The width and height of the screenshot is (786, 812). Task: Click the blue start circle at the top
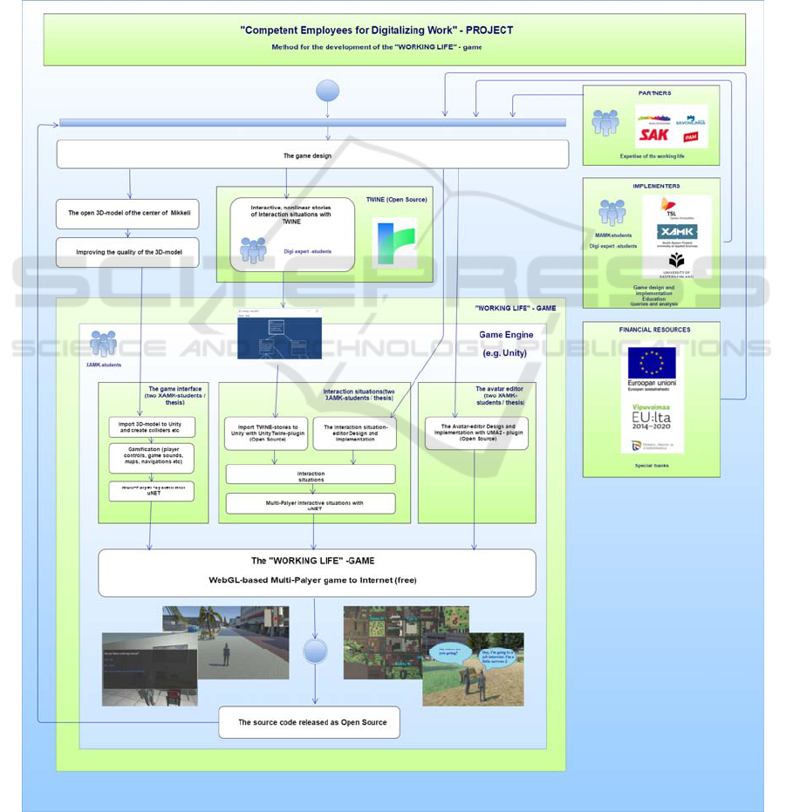click(x=327, y=91)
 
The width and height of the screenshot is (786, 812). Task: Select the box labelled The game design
click(x=312, y=155)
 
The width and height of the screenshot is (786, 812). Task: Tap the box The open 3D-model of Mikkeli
click(x=128, y=213)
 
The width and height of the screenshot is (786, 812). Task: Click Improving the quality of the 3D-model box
click(x=128, y=252)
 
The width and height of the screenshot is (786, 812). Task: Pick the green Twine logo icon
click(x=394, y=242)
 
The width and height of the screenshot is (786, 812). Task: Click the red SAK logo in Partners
click(x=654, y=134)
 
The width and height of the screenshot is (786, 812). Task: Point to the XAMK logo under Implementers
click(x=677, y=232)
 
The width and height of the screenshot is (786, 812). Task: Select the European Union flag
click(x=652, y=362)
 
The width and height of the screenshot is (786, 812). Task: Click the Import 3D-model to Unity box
click(x=150, y=427)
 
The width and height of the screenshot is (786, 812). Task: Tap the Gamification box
click(x=150, y=458)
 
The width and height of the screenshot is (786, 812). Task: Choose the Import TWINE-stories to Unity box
click(x=266, y=433)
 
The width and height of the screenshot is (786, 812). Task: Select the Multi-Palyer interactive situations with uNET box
click(x=311, y=504)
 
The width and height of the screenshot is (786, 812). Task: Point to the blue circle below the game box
click(x=315, y=651)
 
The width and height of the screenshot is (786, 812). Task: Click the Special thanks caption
click(x=651, y=466)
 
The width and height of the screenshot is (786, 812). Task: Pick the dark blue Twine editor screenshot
click(x=279, y=336)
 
